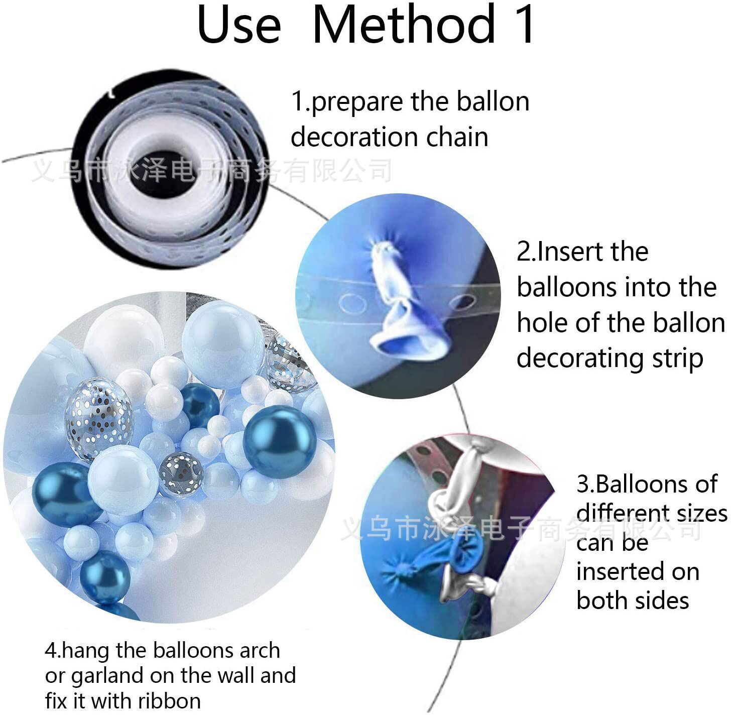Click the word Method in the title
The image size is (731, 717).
point(405,24)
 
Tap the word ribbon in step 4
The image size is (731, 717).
point(169,701)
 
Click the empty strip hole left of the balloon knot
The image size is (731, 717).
point(352,304)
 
